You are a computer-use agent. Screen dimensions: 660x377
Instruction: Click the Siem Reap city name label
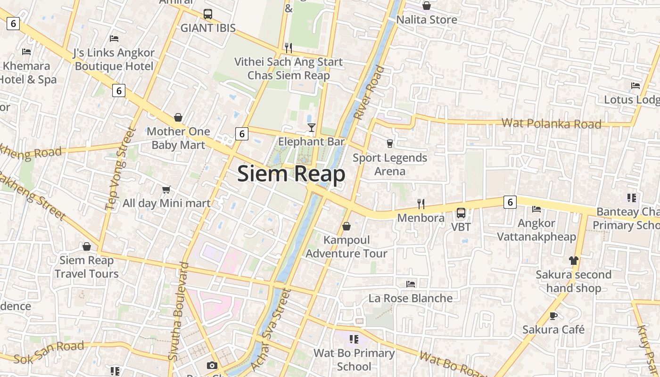tap(291, 174)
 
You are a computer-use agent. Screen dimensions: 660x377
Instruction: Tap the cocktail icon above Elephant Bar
tap(311, 127)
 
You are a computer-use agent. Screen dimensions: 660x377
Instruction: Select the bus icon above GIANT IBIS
tap(208, 14)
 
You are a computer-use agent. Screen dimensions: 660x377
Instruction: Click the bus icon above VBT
tap(461, 213)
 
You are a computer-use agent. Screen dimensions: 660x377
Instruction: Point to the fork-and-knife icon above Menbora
tap(421, 204)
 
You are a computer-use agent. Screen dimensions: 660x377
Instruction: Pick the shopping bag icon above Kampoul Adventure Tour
tap(346, 226)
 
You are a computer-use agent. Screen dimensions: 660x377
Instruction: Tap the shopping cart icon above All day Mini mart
tap(166, 189)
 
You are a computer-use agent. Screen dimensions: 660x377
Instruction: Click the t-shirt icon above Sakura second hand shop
tap(573, 260)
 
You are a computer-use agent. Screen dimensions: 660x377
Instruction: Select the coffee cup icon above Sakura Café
tap(553, 316)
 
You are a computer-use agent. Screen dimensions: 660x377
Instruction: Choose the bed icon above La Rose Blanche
tap(411, 284)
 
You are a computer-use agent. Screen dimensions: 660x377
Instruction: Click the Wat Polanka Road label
tap(551, 124)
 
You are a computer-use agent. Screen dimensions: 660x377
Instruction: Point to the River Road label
tap(369, 93)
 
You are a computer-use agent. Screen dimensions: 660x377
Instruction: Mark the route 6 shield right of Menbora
tap(510, 202)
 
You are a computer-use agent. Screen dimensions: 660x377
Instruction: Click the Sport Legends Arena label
tap(390, 164)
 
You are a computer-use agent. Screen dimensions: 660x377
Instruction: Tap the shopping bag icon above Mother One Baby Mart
tap(178, 117)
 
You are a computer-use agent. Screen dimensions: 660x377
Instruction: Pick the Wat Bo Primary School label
tap(354, 360)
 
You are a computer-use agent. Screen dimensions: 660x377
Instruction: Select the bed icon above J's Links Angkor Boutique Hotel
tap(114, 38)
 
